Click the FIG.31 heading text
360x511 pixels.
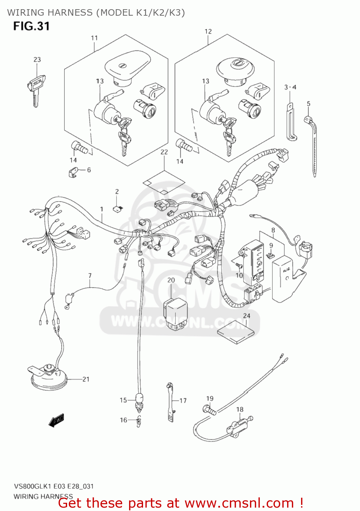(x=31, y=26)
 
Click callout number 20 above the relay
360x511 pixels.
(x=171, y=280)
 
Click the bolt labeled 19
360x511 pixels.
(x=209, y=410)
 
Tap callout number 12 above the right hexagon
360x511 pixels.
(x=208, y=31)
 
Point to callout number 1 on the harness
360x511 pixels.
(x=101, y=209)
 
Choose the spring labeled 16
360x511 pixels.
(x=139, y=422)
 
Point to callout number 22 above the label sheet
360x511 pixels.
(x=164, y=152)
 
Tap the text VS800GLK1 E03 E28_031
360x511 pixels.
(x=53, y=486)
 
